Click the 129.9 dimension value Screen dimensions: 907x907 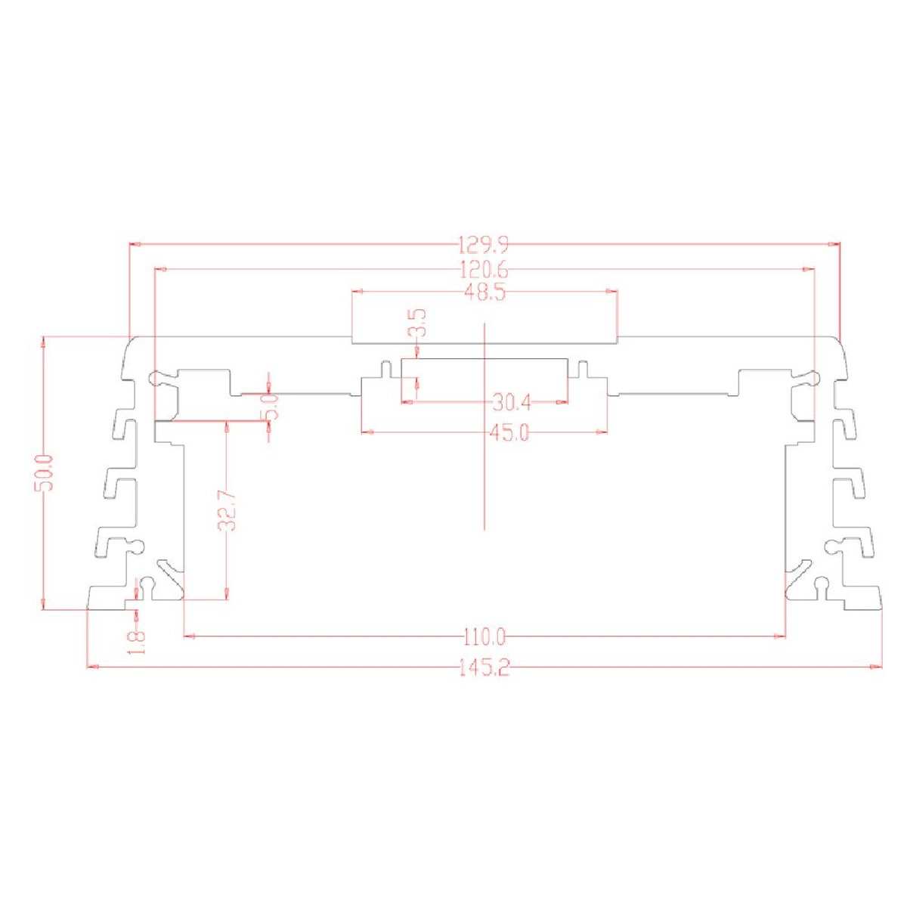point(484,245)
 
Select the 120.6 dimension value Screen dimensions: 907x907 point(484,270)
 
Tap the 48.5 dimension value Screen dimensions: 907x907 point(484,293)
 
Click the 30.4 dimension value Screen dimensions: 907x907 point(512,403)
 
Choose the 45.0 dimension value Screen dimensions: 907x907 point(509,432)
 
